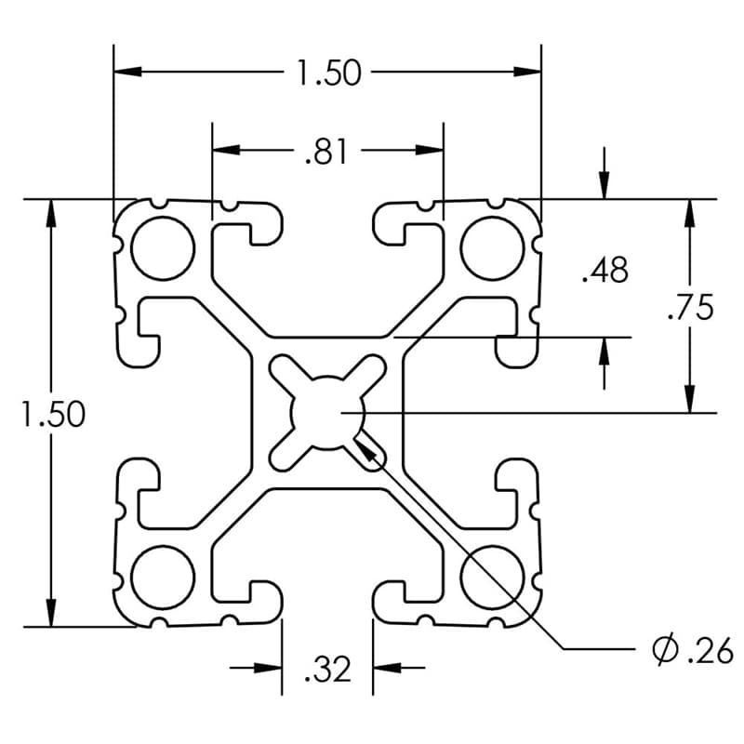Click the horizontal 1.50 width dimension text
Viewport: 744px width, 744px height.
327,72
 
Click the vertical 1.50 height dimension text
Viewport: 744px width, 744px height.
53,415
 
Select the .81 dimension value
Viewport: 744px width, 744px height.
325,151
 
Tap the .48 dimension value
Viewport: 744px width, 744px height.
604,271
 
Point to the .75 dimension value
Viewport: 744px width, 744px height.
690,307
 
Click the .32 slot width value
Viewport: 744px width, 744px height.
326,668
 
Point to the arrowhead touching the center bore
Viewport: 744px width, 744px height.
365,445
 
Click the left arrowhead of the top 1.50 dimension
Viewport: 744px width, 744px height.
126,72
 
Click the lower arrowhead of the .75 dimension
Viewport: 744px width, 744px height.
689,400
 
